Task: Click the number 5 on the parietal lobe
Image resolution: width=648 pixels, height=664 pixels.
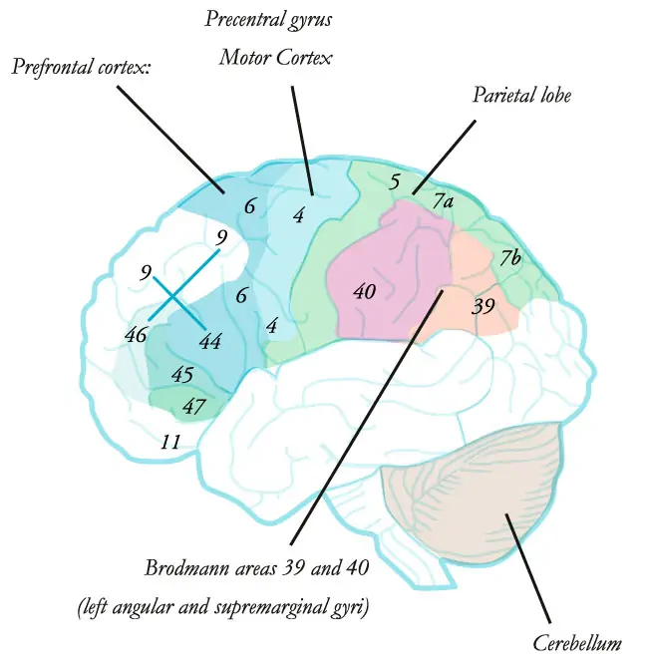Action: (x=395, y=182)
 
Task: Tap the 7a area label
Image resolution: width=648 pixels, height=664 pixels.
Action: (x=444, y=202)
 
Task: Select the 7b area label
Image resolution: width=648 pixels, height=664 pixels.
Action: (x=510, y=258)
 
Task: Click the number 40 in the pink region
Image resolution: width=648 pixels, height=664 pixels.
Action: (x=365, y=291)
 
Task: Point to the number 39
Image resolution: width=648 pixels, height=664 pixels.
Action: (x=483, y=306)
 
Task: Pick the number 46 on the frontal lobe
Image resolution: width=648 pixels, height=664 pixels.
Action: (x=135, y=334)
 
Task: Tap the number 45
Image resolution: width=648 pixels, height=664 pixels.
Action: (x=181, y=376)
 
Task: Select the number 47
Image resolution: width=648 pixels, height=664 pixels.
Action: (x=193, y=406)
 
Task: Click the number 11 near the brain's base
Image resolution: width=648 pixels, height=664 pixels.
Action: (x=170, y=442)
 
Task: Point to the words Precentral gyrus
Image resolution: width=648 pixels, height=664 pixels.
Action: (x=267, y=19)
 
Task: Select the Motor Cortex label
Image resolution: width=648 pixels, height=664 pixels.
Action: (x=275, y=58)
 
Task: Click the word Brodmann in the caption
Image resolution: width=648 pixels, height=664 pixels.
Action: (x=184, y=569)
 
